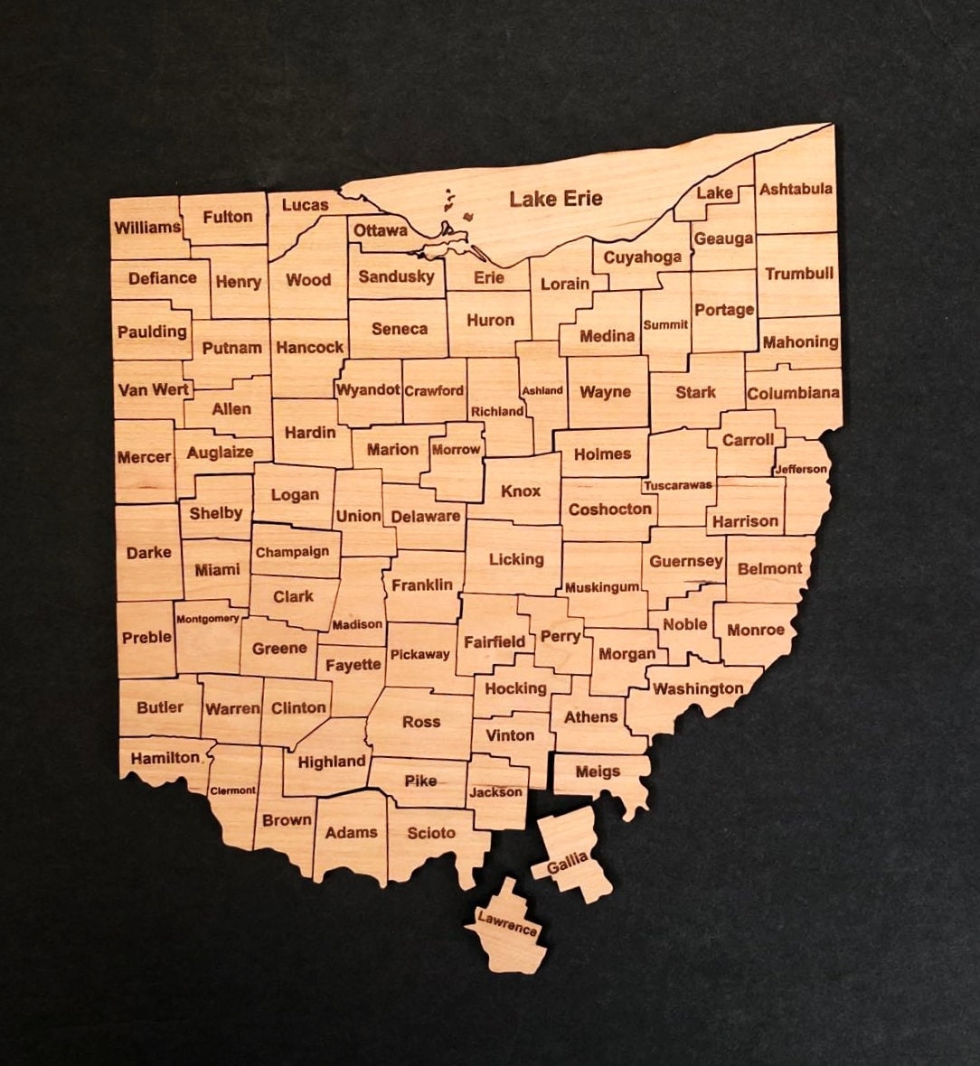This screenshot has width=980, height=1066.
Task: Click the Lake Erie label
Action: coord(555,199)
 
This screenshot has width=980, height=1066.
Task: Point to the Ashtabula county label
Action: coord(796,189)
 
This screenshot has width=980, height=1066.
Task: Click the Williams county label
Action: coord(147,227)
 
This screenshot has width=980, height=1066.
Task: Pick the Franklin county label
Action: coord(422,585)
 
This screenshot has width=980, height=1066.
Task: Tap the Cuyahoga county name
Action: coord(642,257)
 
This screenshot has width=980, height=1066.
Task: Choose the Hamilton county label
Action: coord(165,758)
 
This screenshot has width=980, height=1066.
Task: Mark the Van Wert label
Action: coord(153,390)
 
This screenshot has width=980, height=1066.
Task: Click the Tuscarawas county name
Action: coord(678,485)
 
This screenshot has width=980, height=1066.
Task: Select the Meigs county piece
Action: coord(598,773)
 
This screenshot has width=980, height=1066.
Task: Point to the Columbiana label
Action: coord(793,394)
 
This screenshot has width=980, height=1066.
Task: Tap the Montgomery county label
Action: coord(207,619)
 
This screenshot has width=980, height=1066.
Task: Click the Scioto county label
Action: coord(431,833)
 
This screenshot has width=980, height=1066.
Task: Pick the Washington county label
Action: coord(698,689)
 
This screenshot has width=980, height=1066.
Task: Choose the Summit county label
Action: coord(665,324)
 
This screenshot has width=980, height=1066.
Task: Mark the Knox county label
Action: coord(521,491)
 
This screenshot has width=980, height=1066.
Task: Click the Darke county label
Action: coord(148,552)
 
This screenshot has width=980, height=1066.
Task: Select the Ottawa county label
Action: coord(380,230)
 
